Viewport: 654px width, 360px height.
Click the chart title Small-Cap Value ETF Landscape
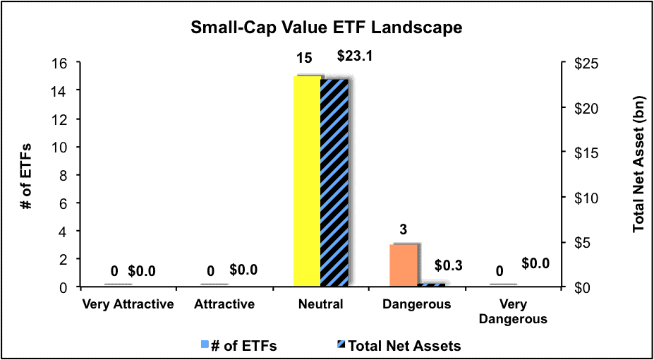326,28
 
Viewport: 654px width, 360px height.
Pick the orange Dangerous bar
404,265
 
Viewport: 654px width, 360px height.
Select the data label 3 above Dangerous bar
403,229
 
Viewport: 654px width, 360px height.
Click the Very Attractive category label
118,305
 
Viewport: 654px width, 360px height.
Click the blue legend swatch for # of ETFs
205,345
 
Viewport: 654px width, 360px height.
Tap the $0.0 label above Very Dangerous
535,263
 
